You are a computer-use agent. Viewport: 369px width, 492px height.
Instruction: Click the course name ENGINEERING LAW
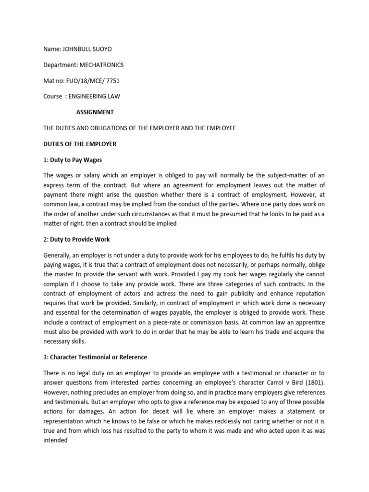[94, 96]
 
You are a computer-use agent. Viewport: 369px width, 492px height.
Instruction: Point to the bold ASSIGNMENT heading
[95, 112]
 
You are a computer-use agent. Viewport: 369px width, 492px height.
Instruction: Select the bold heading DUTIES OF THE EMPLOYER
[79, 144]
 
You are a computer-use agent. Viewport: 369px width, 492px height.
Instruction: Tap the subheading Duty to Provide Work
[79, 239]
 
